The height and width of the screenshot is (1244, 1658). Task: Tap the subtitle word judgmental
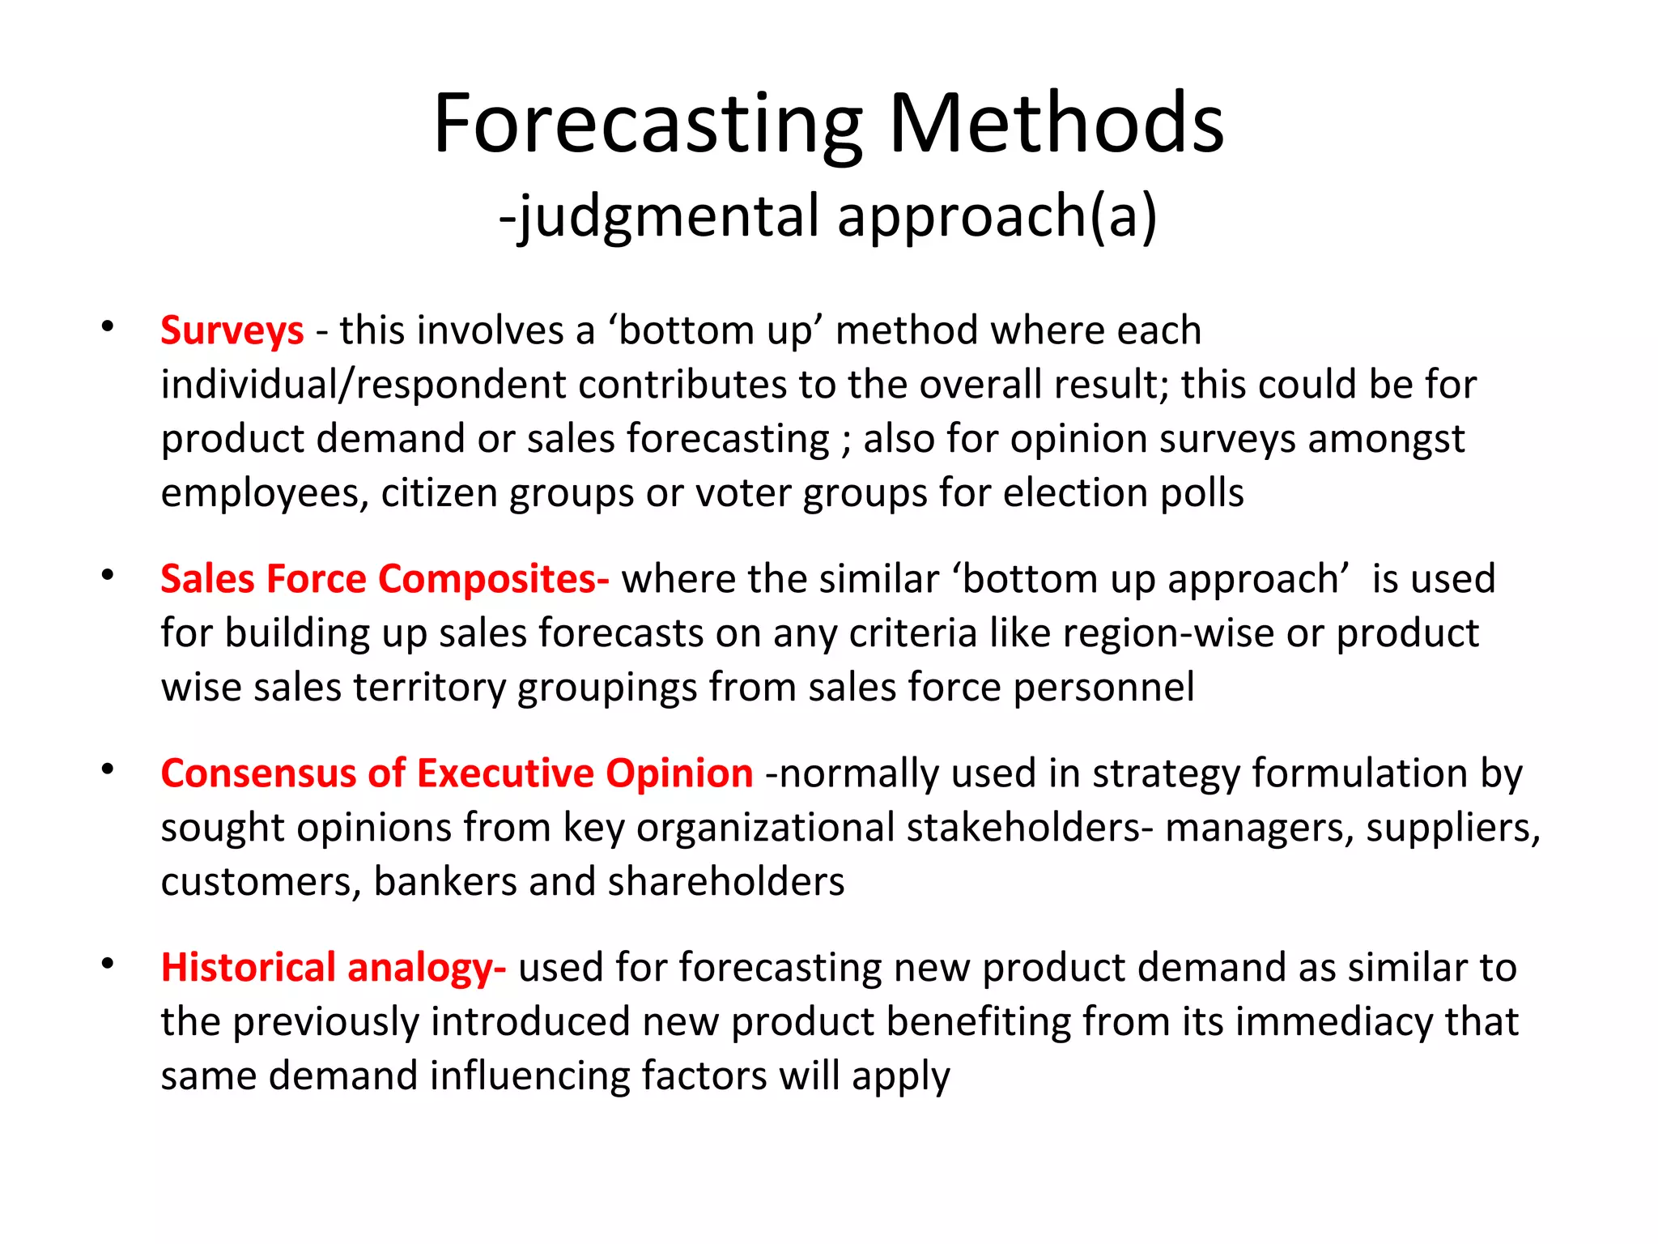tap(669, 217)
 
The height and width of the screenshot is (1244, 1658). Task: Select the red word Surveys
tap(232, 330)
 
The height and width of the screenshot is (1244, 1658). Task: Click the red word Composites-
tap(494, 579)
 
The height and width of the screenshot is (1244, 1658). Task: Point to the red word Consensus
tap(258, 773)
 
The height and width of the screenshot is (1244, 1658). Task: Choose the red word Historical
tap(248, 968)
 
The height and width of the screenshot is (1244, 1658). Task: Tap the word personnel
tap(1103, 688)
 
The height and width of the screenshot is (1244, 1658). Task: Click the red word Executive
tap(505, 773)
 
